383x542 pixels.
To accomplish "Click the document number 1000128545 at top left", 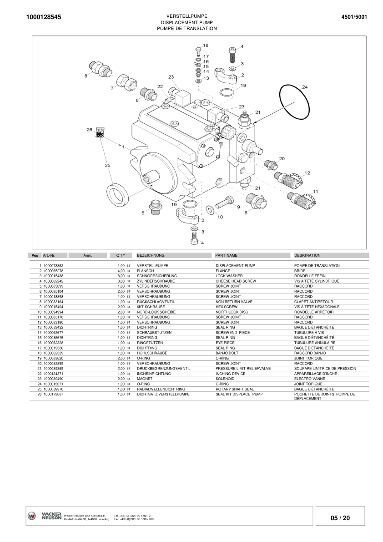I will (x=44, y=17).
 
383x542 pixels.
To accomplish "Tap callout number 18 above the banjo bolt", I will (x=206, y=46).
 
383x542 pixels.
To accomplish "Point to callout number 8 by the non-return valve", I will (x=86, y=76).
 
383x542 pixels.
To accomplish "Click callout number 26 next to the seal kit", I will (x=90, y=130).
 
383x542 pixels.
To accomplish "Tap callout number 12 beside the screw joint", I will (x=307, y=173).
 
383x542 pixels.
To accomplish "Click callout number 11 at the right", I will (x=315, y=191).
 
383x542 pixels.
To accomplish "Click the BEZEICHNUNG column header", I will (x=151, y=256).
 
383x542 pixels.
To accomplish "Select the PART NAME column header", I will (x=227, y=256).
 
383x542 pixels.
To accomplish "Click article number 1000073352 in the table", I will (x=53, y=266).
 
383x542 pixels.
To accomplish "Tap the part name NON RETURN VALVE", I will (x=234, y=302).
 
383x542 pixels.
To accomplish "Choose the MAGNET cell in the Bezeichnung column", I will (x=145, y=379).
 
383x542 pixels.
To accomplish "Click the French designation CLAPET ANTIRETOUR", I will (x=313, y=302).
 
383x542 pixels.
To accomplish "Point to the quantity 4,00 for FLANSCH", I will (x=121, y=271).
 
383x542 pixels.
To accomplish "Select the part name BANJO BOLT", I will (x=227, y=353).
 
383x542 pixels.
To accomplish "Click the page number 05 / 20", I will (x=340, y=518).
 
